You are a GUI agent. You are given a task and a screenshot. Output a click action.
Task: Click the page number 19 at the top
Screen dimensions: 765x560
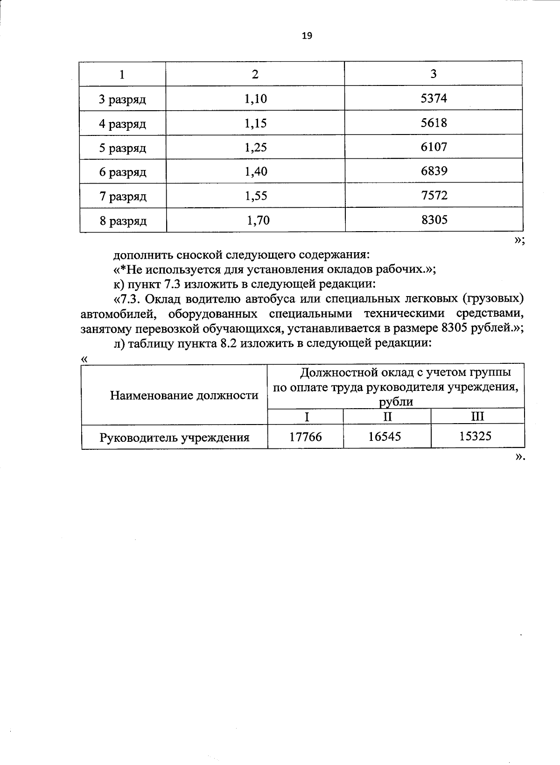tap(307, 36)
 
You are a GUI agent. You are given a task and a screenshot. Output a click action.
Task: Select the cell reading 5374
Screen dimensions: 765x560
tap(434, 99)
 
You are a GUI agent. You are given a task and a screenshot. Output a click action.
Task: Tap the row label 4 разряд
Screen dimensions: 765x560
tap(122, 124)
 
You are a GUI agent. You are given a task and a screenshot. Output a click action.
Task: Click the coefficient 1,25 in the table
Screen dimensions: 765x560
tap(255, 148)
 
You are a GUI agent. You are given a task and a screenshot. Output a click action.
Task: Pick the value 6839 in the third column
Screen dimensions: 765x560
tap(434, 171)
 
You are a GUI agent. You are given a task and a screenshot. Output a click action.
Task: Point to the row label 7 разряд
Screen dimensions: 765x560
tap(123, 197)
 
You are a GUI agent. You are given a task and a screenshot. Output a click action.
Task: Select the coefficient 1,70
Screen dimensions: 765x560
tap(258, 220)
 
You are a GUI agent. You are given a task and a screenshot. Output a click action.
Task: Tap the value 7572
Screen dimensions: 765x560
tap(434, 195)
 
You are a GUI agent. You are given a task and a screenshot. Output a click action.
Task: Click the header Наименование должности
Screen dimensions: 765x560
tap(184, 396)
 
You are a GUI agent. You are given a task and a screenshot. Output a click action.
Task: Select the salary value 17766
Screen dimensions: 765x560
tap(305, 437)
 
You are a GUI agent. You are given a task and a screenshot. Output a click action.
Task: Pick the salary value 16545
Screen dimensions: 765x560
tap(384, 437)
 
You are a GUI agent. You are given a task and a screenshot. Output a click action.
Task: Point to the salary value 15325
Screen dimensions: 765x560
tap(475, 436)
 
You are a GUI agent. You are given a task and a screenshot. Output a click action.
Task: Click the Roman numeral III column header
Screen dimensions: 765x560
tap(477, 416)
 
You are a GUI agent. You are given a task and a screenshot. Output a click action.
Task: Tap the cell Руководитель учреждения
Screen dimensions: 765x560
tap(175, 438)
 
